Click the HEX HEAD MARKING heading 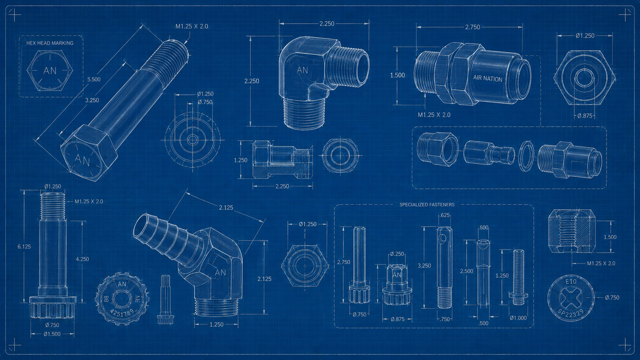point(50,43)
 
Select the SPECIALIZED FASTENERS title point(427,205)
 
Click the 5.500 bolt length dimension point(94,79)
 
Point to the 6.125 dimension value point(24,247)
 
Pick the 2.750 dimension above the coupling point(473,27)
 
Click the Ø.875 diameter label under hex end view point(584,116)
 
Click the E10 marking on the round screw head point(571,282)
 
